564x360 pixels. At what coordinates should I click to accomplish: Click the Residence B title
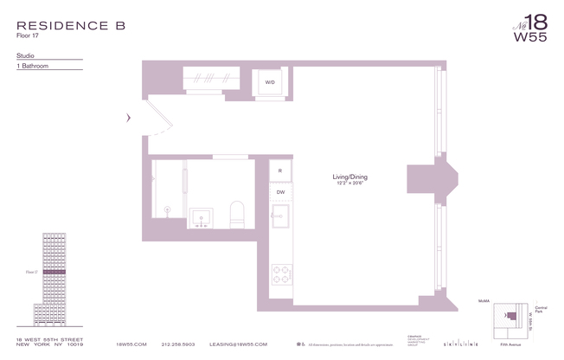point(71,25)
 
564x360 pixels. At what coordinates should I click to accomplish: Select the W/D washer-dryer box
point(270,83)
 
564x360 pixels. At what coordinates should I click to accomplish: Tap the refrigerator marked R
point(280,170)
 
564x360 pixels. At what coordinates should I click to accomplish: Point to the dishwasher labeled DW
point(280,192)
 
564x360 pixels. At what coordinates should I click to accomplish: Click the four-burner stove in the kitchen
point(281,275)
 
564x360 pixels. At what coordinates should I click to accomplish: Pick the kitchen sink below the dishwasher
point(281,219)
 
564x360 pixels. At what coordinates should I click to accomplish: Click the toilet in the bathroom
point(236,213)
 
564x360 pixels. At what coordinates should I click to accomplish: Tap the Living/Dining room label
point(350,179)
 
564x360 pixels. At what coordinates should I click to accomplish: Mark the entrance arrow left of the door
point(128,118)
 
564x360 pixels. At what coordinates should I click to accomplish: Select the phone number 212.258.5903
point(179,344)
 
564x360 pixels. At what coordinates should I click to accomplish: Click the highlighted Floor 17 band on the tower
point(54,272)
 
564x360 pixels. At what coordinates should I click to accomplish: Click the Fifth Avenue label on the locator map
point(516,344)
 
